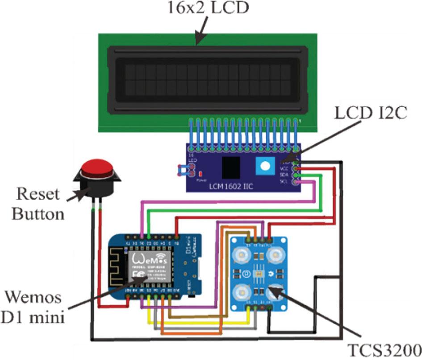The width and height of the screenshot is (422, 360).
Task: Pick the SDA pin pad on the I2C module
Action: [295, 176]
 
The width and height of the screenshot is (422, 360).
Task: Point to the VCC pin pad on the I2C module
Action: [295, 169]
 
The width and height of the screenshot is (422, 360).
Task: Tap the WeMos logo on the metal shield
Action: [146, 259]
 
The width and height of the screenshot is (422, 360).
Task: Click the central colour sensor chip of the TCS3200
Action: [258, 273]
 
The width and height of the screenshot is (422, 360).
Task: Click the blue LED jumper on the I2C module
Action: [184, 170]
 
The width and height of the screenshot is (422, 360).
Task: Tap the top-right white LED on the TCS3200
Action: [276, 255]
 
